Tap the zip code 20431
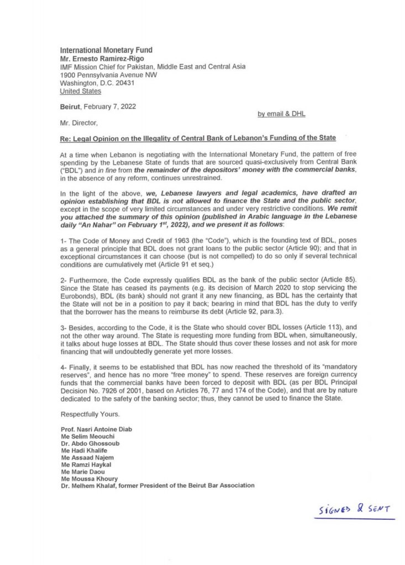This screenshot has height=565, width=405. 123,83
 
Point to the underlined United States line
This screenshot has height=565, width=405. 80,91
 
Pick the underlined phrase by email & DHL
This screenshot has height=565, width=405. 281,114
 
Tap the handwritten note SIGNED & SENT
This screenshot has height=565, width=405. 356,509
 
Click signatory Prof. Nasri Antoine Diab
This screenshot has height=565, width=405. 96,429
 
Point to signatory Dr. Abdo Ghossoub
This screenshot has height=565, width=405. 88,443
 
